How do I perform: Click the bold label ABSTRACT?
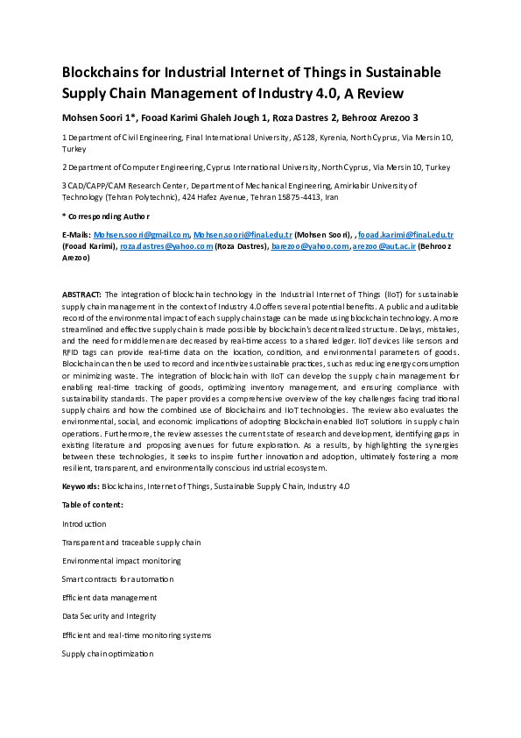tap(81, 294)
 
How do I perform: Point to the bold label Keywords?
tap(81, 486)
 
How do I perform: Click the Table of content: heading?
tap(92, 505)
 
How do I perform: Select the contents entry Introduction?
tap(84, 523)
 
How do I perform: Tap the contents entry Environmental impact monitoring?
tap(122, 560)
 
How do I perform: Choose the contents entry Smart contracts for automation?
tap(117, 579)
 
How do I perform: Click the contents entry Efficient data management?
tap(109, 598)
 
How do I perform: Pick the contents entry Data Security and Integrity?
tap(109, 616)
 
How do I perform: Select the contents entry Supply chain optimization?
tap(107, 654)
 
